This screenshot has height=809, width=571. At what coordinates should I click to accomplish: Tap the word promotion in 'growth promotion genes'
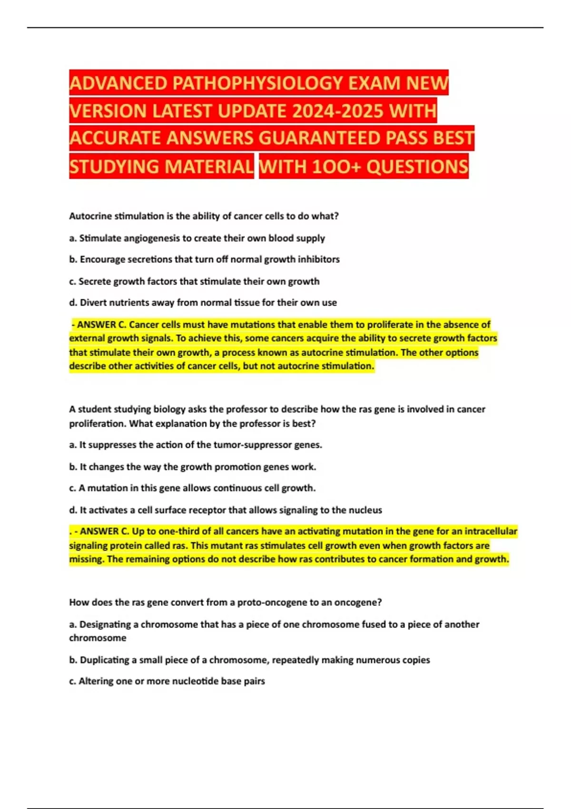(x=238, y=467)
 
